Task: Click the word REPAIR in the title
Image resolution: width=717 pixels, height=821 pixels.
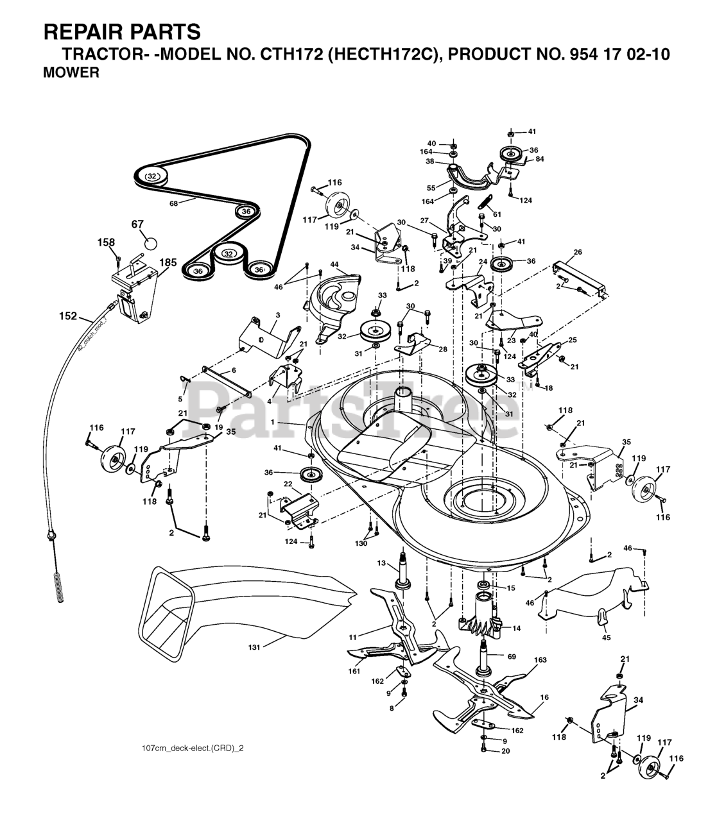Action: tap(78, 31)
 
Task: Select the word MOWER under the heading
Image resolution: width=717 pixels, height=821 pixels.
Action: tap(71, 73)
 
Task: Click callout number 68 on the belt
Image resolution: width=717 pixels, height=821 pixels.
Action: tap(173, 204)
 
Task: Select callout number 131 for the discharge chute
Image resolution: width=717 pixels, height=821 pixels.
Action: tap(254, 647)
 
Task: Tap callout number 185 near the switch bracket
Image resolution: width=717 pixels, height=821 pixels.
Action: tap(168, 262)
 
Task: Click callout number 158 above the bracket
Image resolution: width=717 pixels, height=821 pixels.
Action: tap(106, 242)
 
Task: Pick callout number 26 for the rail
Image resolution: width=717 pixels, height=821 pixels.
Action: tap(578, 252)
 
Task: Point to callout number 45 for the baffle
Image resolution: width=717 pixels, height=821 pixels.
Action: tap(607, 638)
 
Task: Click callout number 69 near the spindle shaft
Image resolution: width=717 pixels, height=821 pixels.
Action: tap(512, 657)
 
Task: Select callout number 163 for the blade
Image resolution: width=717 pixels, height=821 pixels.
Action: tap(540, 660)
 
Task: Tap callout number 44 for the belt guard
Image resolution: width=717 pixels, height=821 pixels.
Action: tap(334, 264)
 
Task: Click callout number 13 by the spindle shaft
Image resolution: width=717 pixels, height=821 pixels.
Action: tap(381, 563)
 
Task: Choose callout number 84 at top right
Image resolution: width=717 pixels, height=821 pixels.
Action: tap(540, 159)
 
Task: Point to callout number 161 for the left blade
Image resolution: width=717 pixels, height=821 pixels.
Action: tap(354, 672)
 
